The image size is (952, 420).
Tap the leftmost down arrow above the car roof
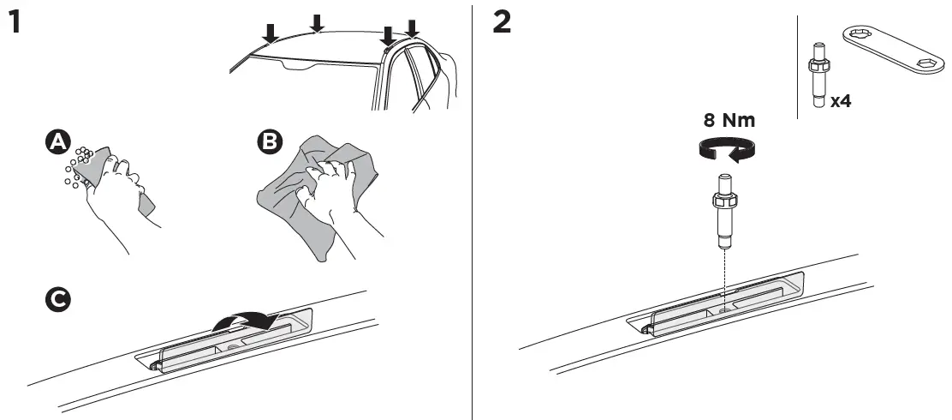pyautogui.click(x=270, y=33)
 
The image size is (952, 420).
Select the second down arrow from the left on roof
pyautogui.click(x=317, y=23)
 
